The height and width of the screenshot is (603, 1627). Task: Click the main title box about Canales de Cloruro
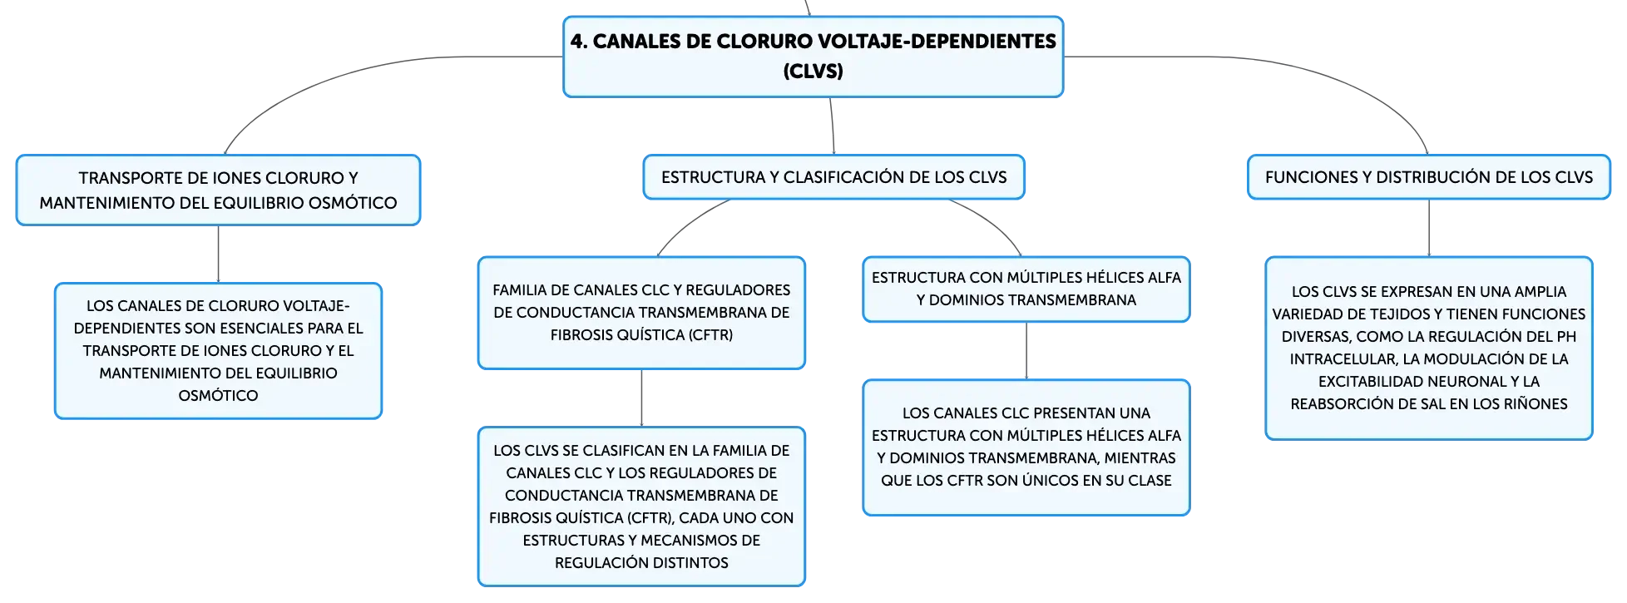813,57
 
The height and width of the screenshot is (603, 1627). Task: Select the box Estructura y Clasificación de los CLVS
833,177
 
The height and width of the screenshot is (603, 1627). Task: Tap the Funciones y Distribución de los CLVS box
1429,177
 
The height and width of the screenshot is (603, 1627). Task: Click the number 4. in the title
579,42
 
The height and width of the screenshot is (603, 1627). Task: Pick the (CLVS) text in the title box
813,72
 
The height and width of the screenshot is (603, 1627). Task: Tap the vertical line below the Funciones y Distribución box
1429,228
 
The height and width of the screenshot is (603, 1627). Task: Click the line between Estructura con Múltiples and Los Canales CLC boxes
1026,351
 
